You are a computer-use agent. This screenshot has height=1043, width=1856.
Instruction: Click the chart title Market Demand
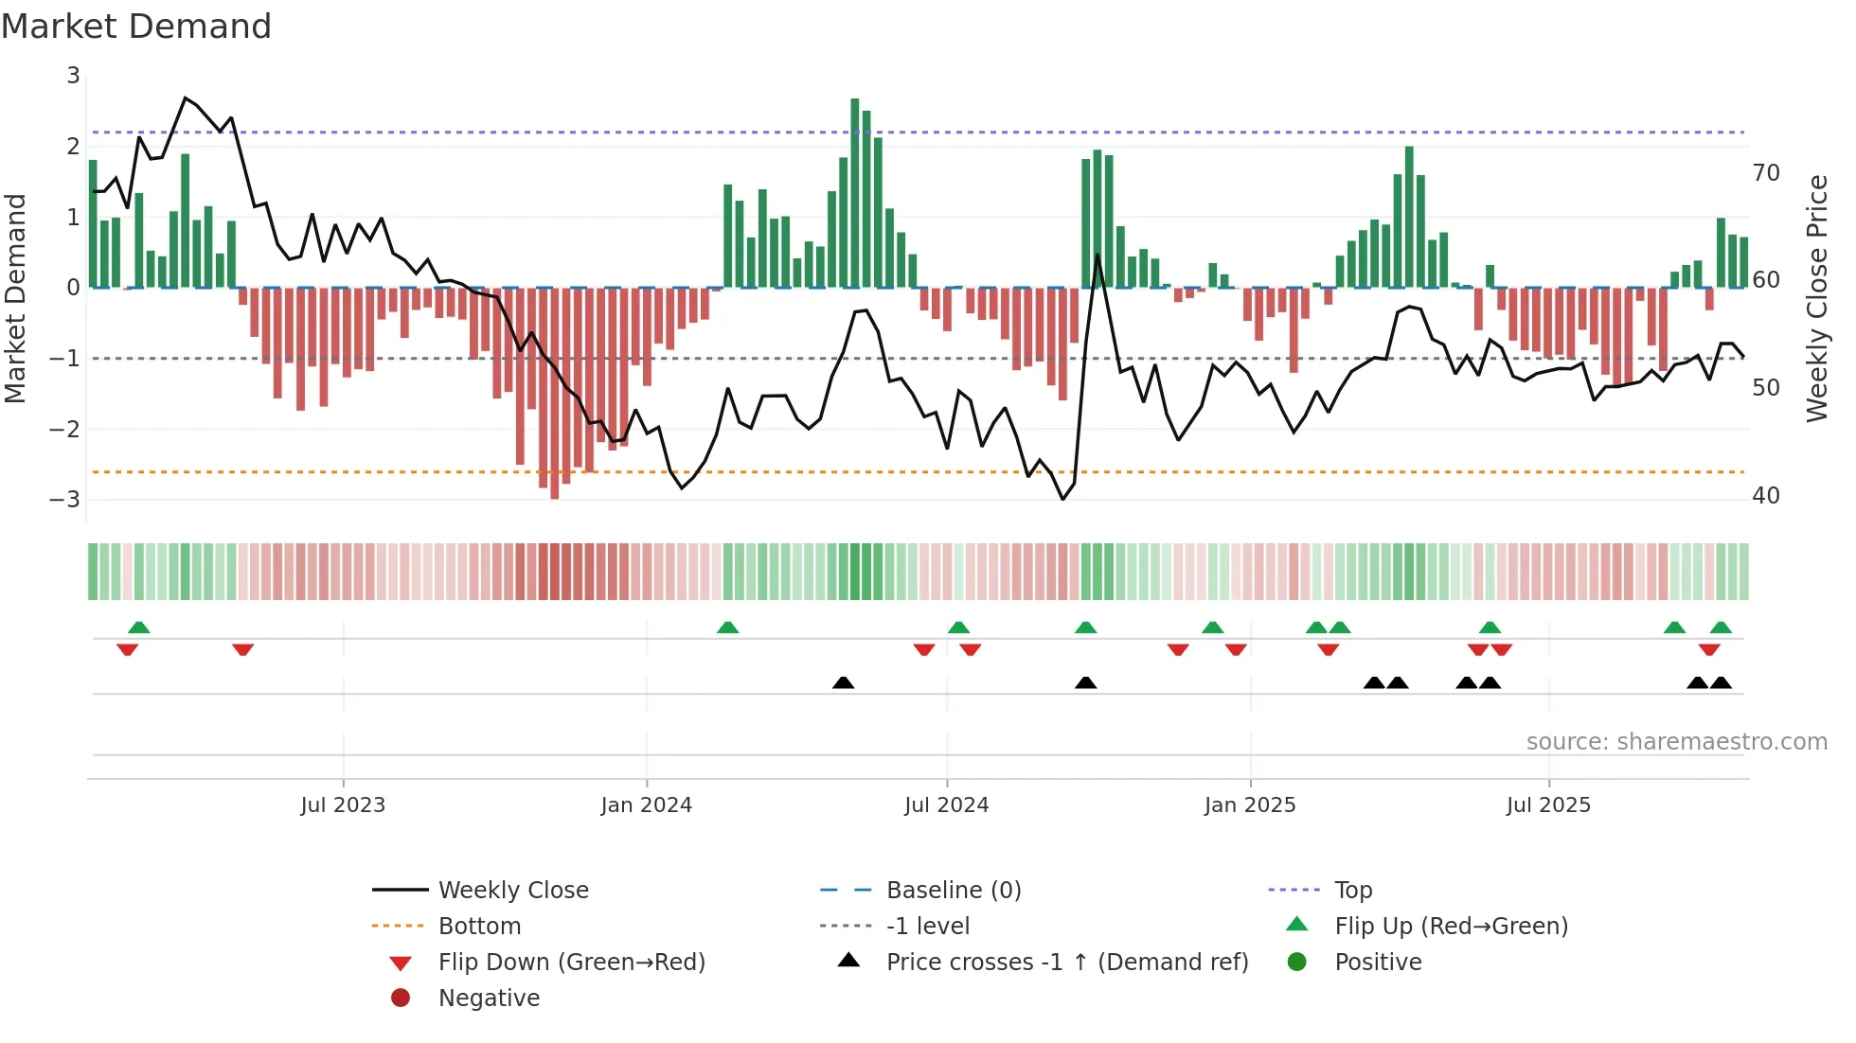coord(136,27)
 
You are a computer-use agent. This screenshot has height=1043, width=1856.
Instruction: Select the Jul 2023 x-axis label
coord(343,805)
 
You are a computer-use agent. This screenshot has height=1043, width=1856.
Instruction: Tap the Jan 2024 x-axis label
coord(647,805)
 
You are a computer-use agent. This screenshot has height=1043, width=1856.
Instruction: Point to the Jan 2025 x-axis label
coord(1250,805)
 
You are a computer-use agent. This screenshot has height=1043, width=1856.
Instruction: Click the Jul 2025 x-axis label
coord(1548,805)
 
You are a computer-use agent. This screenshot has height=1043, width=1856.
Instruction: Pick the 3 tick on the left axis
coord(73,76)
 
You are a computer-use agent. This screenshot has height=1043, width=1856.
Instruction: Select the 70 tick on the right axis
coord(1766,173)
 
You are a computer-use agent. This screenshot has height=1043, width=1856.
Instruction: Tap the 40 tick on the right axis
coord(1766,496)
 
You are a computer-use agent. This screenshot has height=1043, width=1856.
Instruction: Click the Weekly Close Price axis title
coord(1817,298)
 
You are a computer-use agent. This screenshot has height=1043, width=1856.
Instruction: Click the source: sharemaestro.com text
coord(1676,742)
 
